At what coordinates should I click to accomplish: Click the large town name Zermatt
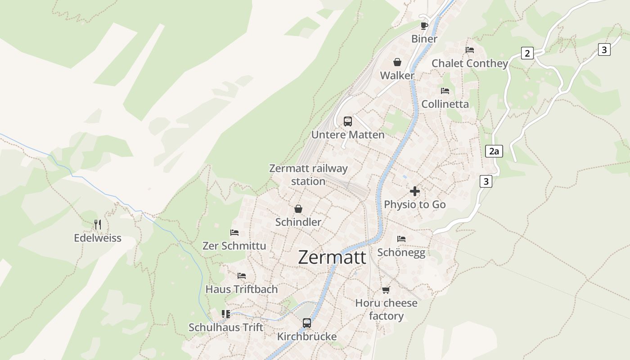(332, 257)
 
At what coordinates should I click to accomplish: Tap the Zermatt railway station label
(308, 175)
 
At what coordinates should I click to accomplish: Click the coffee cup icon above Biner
(424, 26)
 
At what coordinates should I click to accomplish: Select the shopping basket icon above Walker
(397, 62)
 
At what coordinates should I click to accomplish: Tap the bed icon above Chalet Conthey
(470, 50)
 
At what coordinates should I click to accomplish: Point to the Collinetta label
(445, 104)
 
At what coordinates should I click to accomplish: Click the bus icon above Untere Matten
(348, 121)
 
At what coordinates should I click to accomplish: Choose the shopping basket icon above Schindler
(298, 209)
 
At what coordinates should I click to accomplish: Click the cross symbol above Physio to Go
(414, 191)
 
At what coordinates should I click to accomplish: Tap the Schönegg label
(401, 252)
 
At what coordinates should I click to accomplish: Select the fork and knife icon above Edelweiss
(98, 224)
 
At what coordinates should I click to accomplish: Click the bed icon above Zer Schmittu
(234, 233)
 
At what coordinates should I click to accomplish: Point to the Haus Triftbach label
(242, 289)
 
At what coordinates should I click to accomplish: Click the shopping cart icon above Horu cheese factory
(386, 290)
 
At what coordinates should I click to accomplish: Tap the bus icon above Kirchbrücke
(306, 323)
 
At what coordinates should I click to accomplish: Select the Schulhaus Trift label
(226, 327)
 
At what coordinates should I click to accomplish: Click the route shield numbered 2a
(494, 151)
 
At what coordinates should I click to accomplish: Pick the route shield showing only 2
(527, 53)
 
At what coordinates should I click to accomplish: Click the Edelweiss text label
(98, 238)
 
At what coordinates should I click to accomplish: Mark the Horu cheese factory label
(386, 310)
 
